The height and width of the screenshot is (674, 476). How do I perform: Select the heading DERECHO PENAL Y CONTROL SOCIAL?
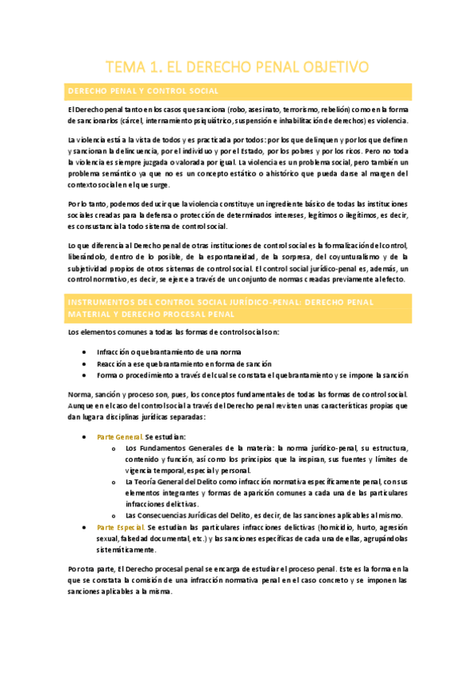[144, 91]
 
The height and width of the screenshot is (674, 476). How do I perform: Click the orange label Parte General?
[119, 437]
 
